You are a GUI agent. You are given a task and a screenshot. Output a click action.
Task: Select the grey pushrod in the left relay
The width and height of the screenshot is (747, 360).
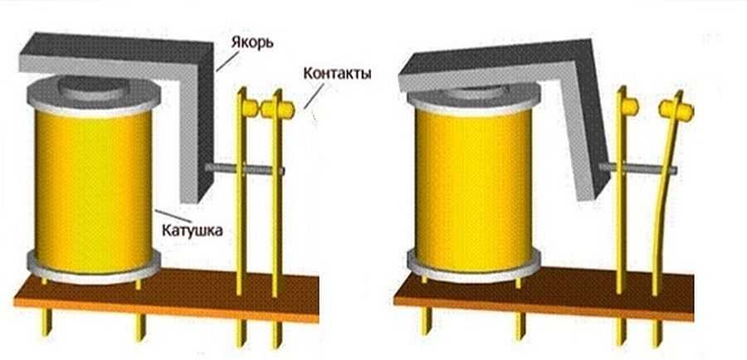pos(249,170)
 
